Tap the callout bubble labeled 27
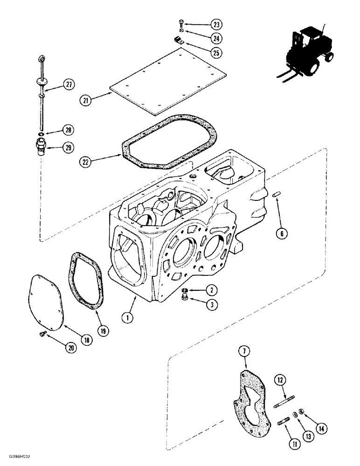(x=69, y=85)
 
